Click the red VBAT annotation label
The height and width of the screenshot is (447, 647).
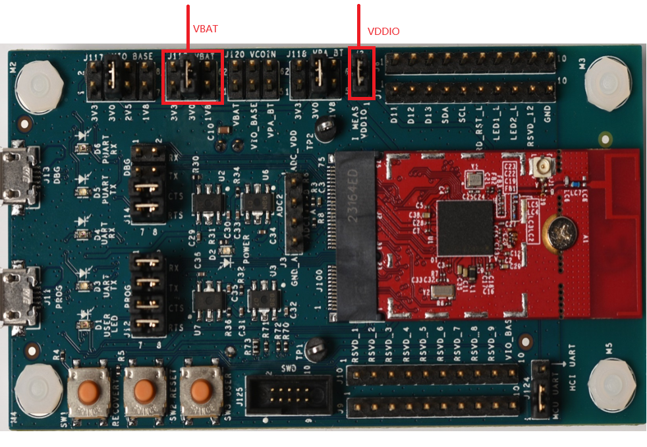point(206,29)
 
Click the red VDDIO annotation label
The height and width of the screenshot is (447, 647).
point(383,32)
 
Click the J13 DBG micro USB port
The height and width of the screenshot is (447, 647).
point(14,177)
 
